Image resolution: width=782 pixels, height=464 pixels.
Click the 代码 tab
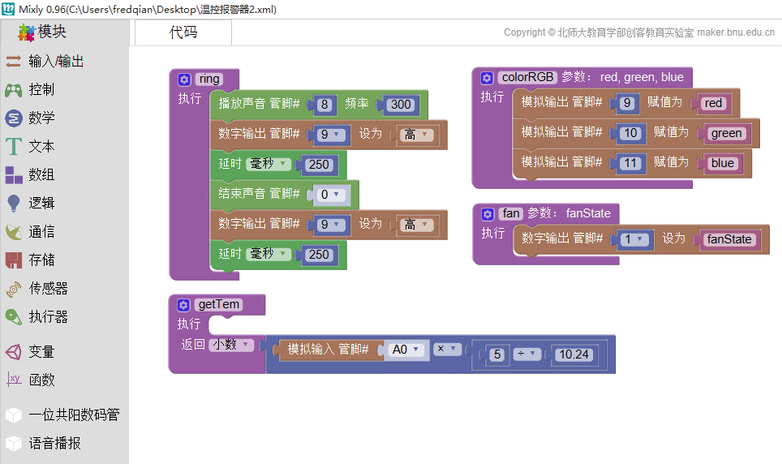point(183,32)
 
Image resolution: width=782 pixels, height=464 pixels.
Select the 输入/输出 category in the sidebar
point(44,62)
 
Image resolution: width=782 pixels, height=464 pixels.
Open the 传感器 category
point(37,289)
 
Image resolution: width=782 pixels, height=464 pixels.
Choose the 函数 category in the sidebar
point(31,380)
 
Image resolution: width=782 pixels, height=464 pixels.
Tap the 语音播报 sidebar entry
point(43,443)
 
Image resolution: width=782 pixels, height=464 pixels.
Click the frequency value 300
point(401,105)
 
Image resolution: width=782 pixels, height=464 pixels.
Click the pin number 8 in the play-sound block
point(324,105)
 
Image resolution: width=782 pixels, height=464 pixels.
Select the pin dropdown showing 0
point(329,194)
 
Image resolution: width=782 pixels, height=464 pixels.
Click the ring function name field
point(209,79)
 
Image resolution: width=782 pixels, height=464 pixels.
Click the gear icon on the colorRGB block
point(487,78)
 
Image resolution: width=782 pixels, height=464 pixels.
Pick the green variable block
point(726,133)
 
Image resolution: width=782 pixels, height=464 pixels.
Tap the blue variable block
point(722,163)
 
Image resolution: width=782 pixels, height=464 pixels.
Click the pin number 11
point(630,163)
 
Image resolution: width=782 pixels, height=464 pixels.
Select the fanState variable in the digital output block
point(728,239)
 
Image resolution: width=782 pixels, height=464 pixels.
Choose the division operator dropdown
point(526,354)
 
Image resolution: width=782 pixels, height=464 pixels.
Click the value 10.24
point(574,354)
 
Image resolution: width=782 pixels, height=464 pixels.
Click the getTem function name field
point(218,304)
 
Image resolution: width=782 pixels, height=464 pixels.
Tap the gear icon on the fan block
point(488,214)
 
